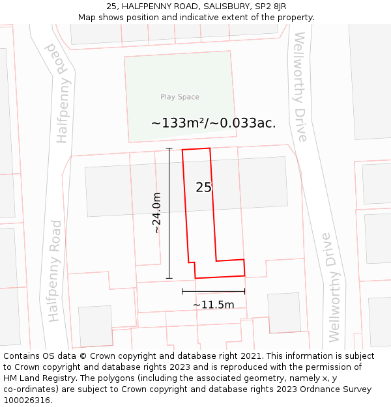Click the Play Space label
pos(180,97)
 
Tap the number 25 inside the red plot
pos(203,188)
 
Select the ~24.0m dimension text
pos(156,213)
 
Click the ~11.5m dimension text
pos(213,305)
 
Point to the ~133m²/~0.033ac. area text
pos(213,123)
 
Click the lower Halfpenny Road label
pos(55,270)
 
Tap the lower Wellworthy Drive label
pos(334,287)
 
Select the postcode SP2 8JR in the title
pos(270,6)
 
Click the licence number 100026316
pos(27,400)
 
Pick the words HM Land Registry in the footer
pos(37,378)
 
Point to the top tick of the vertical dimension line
pos(169,148)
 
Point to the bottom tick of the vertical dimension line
pos(169,279)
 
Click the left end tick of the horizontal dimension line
pos(182,291)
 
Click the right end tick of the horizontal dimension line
pos(245,291)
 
